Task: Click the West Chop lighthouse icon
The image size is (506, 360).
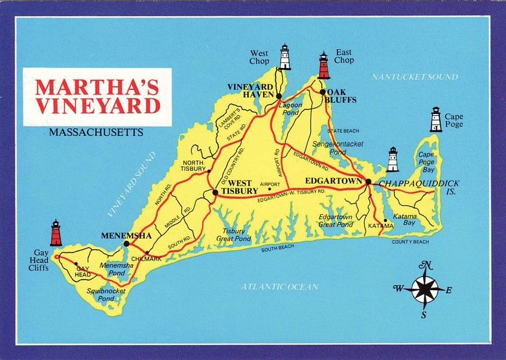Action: [284, 57]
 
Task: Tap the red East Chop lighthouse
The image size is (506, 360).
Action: [323, 65]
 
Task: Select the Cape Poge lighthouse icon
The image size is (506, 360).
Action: [436, 120]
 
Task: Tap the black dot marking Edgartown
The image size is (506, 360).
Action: [368, 182]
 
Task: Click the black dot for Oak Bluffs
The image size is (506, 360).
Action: [322, 92]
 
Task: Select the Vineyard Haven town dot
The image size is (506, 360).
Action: [279, 96]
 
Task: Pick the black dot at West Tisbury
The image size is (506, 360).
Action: [215, 192]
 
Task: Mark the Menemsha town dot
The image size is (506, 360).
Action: [126, 243]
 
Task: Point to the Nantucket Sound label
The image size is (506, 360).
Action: [415, 77]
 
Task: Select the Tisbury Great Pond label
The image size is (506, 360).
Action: [234, 234]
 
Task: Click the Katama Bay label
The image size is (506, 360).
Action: [405, 219]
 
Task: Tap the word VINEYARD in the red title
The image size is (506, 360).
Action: [97, 106]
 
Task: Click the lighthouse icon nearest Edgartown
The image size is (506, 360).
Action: [393, 159]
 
